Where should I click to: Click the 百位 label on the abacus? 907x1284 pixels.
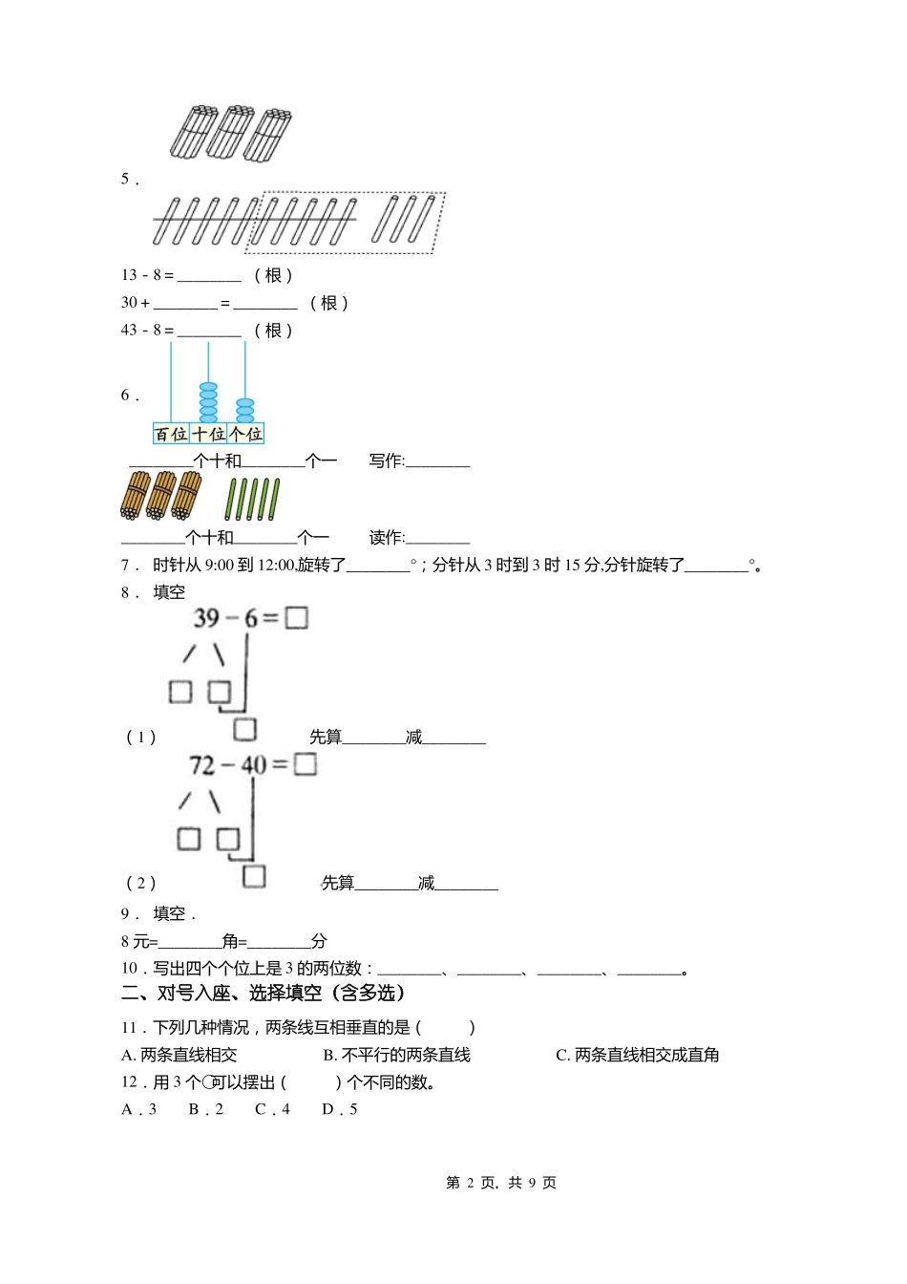pos(171,434)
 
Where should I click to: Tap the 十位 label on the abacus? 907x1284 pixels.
pos(208,434)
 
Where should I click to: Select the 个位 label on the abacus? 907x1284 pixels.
pos(245,434)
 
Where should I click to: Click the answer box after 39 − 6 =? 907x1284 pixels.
pos(297,618)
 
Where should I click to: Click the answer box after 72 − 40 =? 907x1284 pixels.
pos(306,764)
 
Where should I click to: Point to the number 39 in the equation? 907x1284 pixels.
pos(207,618)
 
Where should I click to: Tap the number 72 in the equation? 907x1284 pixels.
pos(203,765)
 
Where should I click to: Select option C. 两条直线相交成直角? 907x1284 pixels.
pos(637,1056)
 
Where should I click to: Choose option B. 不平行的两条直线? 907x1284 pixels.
pos(396,1056)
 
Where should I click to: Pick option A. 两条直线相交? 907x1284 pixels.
pos(179,1056)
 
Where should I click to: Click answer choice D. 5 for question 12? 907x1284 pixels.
pos(340,1109)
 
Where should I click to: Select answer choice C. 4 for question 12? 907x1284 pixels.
pos(272,1109)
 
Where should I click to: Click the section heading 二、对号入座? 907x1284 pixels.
pos(264,994)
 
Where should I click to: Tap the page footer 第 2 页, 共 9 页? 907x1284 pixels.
pos(501,1183)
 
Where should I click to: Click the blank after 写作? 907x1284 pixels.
pos(438,461)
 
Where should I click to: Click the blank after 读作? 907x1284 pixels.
pos(438,538)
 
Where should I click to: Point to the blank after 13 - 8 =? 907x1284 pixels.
pos(209,276)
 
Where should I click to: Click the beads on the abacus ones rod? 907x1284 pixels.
pos(245,411)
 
